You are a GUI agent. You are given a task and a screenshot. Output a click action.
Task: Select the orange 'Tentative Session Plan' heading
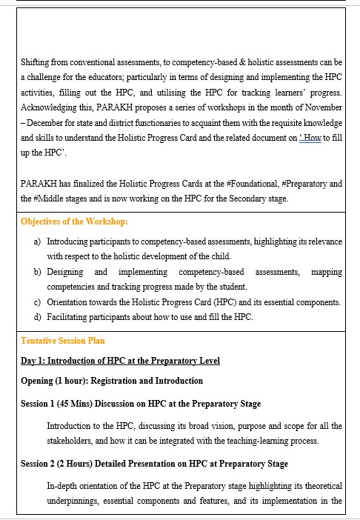[x=63, y=341]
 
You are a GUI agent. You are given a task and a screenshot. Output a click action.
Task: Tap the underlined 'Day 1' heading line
[x=120, y=361]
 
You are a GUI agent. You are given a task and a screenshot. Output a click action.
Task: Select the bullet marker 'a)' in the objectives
[x=38, y=241]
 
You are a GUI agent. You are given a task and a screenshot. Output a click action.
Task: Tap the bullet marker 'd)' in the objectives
[x=38, y=318]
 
